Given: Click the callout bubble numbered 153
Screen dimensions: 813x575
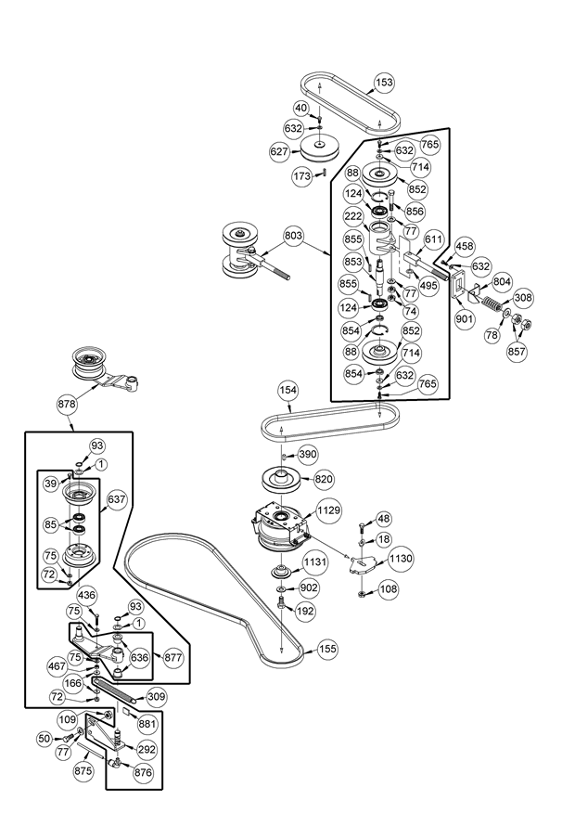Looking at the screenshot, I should tap(383, 83).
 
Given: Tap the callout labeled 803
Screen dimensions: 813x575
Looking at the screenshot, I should tap(293, 236).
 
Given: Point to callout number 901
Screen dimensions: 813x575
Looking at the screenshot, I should tap(464, 317).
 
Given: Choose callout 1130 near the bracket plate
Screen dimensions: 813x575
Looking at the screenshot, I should tap(401, 559).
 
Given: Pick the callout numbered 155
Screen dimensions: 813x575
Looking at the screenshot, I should tap(326, 649).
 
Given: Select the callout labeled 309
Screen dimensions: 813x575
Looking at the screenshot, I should tap(156, 695).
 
